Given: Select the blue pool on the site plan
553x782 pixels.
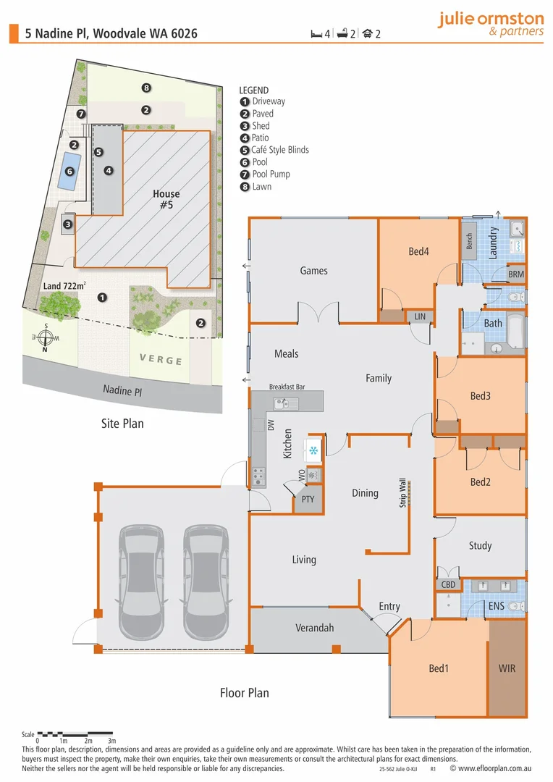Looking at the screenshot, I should pos(70,172).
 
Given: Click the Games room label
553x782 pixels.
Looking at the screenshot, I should pos(313,271).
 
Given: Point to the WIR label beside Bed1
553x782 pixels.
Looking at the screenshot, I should pos(507,668).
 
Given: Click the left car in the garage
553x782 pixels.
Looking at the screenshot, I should pos(141,580).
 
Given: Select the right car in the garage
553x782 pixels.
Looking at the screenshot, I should pos(206,580).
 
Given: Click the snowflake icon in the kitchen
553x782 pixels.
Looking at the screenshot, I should pos(313,451).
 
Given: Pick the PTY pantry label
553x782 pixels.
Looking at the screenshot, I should pos(307,500).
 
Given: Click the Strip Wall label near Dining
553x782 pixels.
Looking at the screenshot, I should pos(403,492).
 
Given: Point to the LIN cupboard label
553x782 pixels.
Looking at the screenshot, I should pos(420,316).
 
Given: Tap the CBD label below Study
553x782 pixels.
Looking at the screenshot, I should pos(447,584).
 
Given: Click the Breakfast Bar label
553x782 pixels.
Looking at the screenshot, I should pos(287,387).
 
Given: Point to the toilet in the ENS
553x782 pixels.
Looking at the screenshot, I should pos(515,605).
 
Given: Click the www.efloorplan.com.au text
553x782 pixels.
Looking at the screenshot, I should pos(497,769).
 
